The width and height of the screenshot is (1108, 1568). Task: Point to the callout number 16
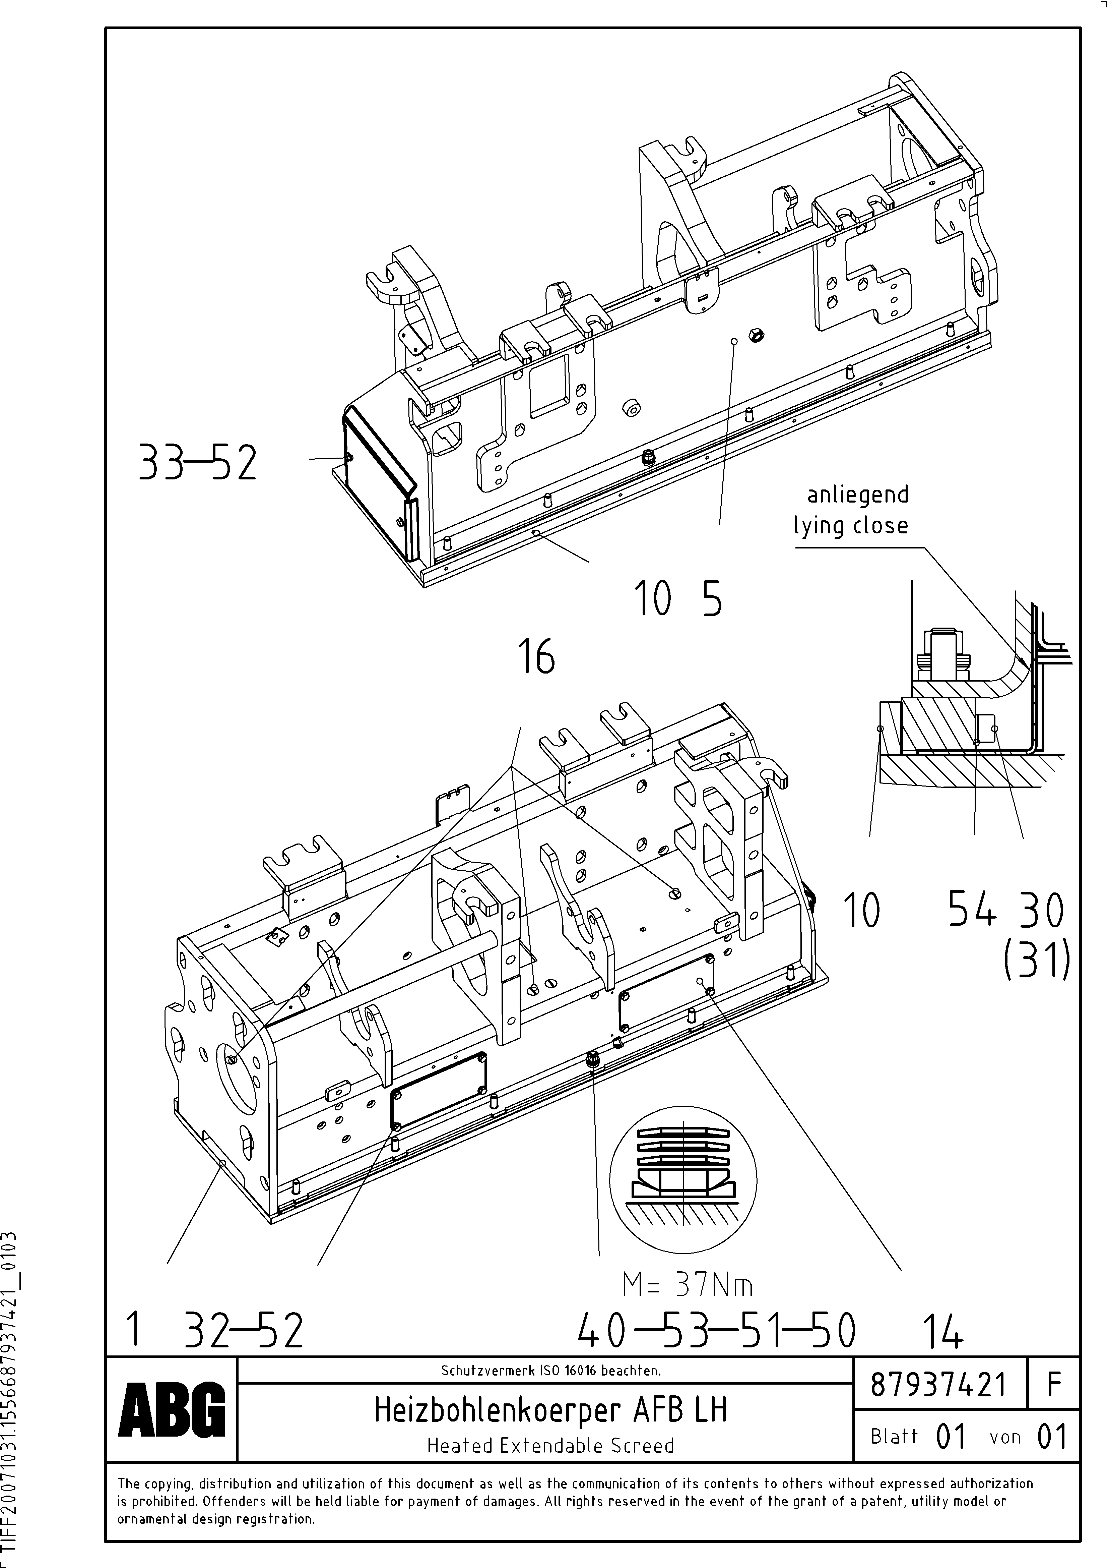[x=537, y=657]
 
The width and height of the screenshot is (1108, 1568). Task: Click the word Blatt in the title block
[x=894, y=1436]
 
